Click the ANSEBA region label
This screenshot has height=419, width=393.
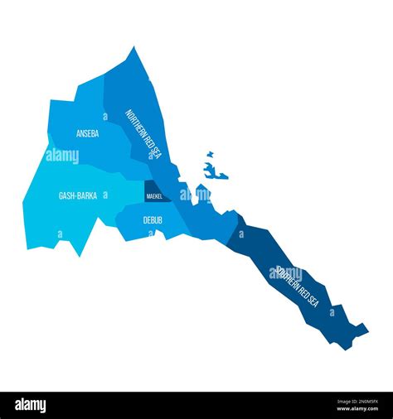point(88,133)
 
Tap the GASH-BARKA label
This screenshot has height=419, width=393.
point(77,196)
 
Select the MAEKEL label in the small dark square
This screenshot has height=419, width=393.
point(154,196)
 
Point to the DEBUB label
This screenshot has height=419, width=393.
point(153,220)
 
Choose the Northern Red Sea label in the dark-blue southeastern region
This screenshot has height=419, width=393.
point(297,286)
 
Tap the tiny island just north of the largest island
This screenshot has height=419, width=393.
point(210,154)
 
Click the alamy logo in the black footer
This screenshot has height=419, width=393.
point(31,406)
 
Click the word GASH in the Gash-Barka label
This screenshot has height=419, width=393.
point(66,196)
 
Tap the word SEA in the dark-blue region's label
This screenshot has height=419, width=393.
point(313,300)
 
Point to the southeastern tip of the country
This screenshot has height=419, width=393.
point(365,329)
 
